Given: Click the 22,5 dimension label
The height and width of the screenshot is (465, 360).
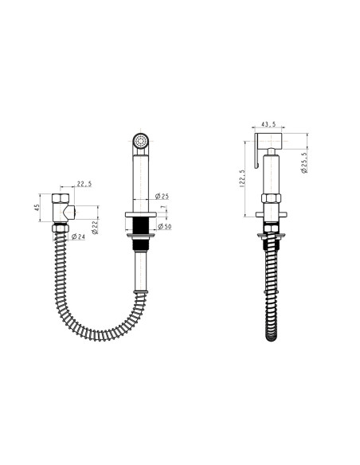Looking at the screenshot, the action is click(84, 184).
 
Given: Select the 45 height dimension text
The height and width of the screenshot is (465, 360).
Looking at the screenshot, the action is click(37, 208).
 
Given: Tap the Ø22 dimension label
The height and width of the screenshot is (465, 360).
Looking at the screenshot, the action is click(95, 227).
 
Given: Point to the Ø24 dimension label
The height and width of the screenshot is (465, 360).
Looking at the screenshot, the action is click(78, 236).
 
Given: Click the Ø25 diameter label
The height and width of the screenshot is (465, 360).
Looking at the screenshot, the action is click(162, 196).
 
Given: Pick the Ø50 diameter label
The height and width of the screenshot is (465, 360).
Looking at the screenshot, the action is click(165, 227).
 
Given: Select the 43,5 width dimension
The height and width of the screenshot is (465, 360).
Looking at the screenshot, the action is click(268, 124).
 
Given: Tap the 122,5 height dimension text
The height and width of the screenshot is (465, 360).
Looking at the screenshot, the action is click(242, 178).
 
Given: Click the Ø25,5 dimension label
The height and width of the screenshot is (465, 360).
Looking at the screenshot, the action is click(304, 162).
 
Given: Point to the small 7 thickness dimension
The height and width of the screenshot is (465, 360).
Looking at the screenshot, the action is click(162, 207).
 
